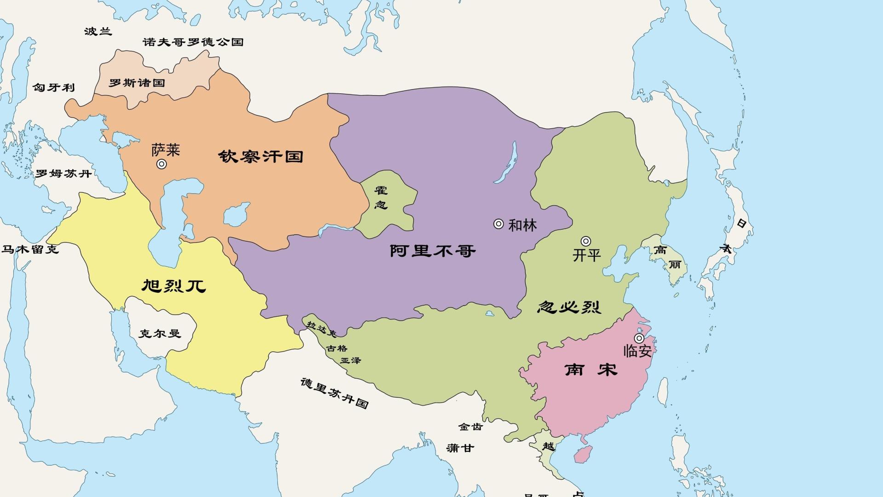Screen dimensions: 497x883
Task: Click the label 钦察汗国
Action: (261, 156)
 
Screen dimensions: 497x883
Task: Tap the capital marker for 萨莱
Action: (161, 164)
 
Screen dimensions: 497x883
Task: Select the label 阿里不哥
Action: (432, 251)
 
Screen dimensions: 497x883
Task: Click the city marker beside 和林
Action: (499, 224)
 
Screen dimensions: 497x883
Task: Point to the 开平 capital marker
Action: (585, 241)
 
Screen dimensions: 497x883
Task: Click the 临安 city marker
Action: (639, 338)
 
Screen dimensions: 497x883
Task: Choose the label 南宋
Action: (591, 369)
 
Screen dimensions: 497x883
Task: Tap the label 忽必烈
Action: (569, 307)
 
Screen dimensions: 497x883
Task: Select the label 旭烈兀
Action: (173, 286)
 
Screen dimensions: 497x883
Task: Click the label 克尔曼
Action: (160, 333)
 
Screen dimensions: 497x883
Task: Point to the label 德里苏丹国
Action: (334, 393)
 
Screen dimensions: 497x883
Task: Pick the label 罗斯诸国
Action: (137, 83)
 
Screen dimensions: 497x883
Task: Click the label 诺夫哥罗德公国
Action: (193, 42)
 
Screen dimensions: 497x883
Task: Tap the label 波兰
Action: (98, 31)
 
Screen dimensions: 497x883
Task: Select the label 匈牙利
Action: (53, 87)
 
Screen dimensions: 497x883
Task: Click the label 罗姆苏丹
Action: (63, 173)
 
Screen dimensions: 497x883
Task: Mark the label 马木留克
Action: (30, 249)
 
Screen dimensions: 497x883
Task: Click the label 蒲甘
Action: (460, 448)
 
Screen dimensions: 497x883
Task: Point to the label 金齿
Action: (470, 427)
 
